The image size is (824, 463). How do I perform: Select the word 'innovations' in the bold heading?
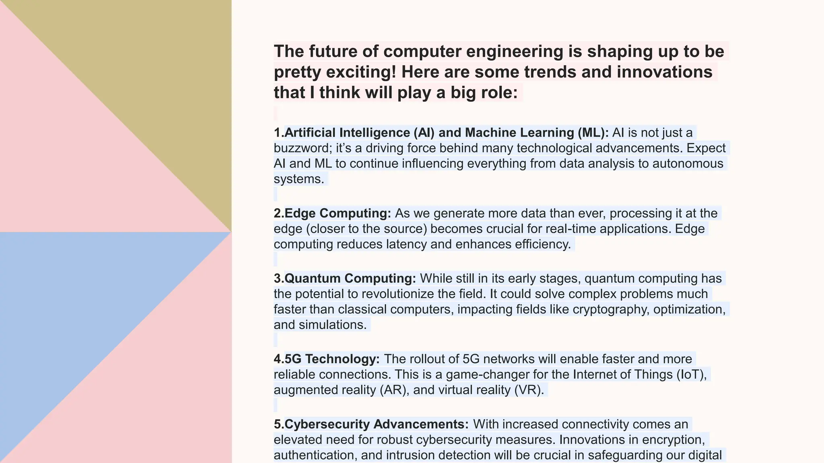coord(664,72)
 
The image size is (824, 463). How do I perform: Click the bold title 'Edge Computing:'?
coord(338,213)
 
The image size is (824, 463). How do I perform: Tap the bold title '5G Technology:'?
coord(332,359)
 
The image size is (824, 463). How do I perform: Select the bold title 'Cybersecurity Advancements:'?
coord(376,424)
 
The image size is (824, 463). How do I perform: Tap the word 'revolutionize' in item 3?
coord(398,294)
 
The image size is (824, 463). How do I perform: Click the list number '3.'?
coord(279,279)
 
